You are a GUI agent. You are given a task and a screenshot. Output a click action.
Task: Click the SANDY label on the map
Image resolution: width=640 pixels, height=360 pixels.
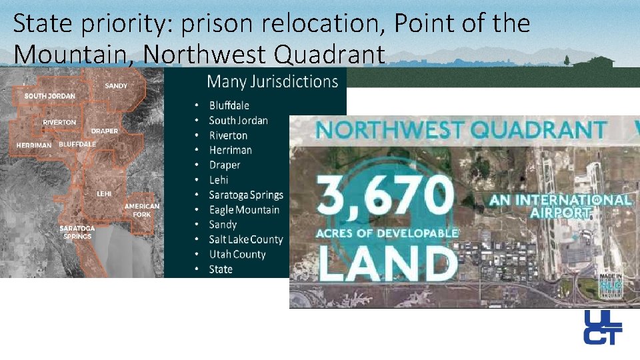click(116, 86)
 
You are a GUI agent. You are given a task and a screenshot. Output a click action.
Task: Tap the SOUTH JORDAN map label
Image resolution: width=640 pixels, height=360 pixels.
click(50, 96)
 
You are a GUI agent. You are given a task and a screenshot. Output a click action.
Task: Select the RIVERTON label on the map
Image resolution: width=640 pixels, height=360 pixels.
click(59, 123)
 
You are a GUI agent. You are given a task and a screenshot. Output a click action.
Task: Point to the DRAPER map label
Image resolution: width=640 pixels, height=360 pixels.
click(105, 131)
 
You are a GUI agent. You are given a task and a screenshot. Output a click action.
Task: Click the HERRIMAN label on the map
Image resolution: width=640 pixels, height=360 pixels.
click(34, 145)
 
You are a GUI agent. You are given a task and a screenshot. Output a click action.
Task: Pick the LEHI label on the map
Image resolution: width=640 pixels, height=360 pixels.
click(104, 193)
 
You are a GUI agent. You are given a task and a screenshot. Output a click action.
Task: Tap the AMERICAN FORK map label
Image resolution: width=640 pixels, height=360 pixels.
click(142, 210)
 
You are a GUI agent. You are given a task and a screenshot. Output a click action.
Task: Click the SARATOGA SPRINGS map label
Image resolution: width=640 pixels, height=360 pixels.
click(77, 232)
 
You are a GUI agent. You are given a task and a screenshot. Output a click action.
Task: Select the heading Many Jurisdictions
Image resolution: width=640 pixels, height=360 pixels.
click(272, 82)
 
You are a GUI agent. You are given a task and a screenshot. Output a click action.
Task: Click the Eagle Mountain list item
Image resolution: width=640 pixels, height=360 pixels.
click(244, 210)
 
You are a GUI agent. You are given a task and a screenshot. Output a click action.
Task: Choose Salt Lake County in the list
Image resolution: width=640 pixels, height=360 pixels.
click(246, 239)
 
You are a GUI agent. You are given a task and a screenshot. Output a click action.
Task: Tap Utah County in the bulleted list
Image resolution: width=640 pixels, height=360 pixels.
click(237, 254)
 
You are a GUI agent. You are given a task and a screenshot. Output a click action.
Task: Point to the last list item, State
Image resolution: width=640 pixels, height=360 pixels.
click(221, 269)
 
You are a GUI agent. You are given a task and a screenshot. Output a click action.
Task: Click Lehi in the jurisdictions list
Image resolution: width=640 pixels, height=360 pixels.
click(219, 180)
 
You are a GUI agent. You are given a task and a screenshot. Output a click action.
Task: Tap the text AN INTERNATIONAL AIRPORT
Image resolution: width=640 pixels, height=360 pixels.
click(559, 206)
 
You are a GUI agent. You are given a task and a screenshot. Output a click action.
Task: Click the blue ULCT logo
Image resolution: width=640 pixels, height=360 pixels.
click(602, 327)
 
